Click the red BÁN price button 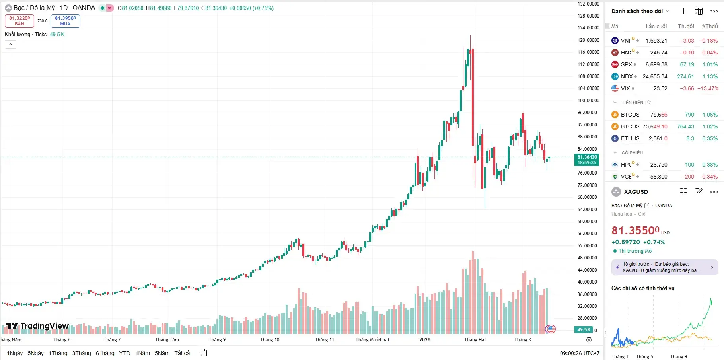pyautogui.click(x=19, y=21)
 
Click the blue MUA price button pyautogui.click(x=65, y=21)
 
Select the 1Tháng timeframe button pyautogui.click(x=58, y=353)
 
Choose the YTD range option pyautogui.click(x=125, y=353)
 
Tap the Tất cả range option pyautogui.click(x=182, y=353)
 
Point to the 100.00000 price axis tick pyautogui.click(x=588, y=101)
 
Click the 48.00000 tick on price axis pyautogui.click(x=588, y=258)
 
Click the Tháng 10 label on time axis pyautogui.click(x=270, y=340)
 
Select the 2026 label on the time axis pyautogui.click(x=425, y=340)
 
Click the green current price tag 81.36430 pyautogui.click(x=587, y=160)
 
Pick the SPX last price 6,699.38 pyautogui.click(x=656, y=64)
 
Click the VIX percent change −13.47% pyautogui.click(x=708, y=88)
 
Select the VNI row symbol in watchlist pyautogui.click(x=625, y=41)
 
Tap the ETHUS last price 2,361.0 pyautogui.click(x=658, y=138)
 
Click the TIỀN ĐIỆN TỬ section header pyautogui.click(x=636, y=103)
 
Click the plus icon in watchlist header pyautogui.click(x=683, y=11)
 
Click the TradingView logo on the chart pyautogui.click(x=37, y=326)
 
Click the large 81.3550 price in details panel pyautogui.click(x=635, y=231)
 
